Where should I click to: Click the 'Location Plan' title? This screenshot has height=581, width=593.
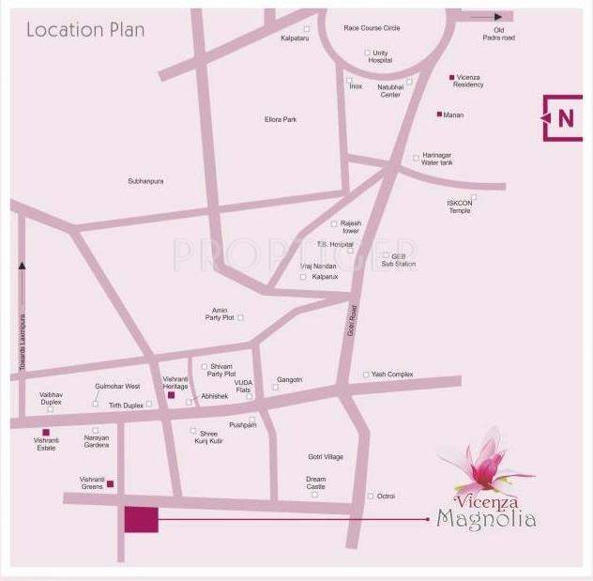click(85, 30)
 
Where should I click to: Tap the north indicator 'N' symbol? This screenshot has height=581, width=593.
click(565, 118)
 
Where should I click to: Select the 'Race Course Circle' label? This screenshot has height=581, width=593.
click(372, 28)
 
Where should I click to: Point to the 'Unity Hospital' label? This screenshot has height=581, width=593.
click(380, 56)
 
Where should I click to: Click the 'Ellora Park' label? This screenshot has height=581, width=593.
click(281, 119)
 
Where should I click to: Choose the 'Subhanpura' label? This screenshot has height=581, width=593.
click(145, 181)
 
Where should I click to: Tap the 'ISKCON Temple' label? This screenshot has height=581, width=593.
click(460, 206)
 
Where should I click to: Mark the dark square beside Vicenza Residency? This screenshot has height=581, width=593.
click(451, 77)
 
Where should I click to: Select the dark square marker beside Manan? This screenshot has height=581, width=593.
click(439, 115)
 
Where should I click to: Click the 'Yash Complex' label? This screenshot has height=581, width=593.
click(392, 375)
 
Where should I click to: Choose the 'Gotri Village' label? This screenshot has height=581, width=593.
click(326, 457)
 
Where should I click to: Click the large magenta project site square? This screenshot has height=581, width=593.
click(142, 519)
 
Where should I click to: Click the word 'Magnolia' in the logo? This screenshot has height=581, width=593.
click(486, 518)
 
